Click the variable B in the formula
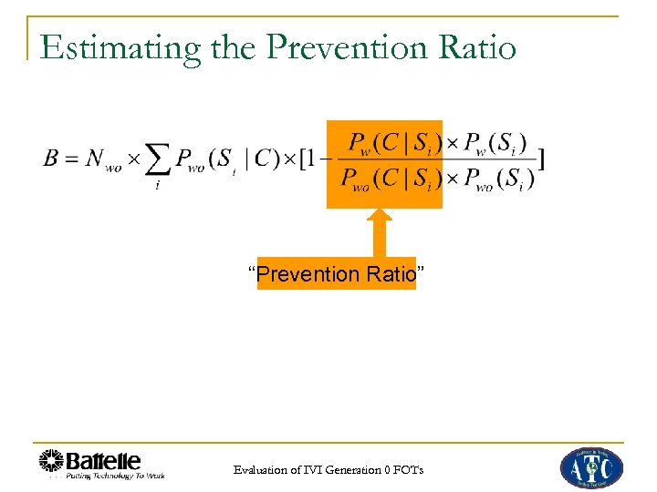(52, 159)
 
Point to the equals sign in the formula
(72, 159)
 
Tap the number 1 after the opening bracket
(313, 159)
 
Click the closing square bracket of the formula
(541, 160)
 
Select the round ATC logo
(590, 467)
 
